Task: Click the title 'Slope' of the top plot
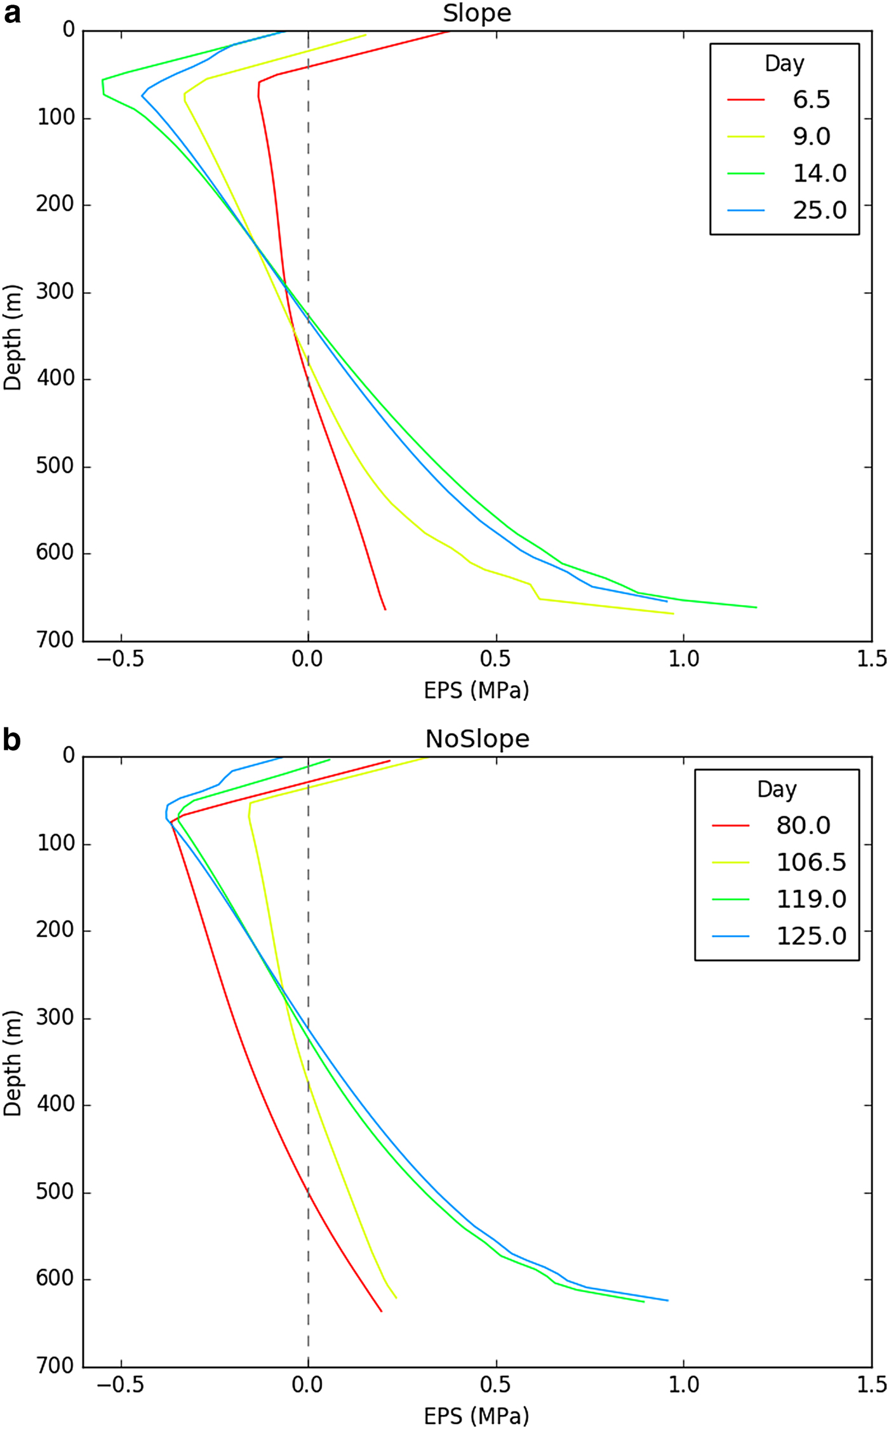pos(477,13)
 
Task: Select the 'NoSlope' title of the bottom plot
pos(477,739)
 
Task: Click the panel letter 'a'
pos(11,13)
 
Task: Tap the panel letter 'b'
pos(11,740)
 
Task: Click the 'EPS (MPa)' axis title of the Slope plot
pos(476,690)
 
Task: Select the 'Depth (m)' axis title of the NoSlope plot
pos(13,1063)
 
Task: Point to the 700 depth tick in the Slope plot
pos(55,640)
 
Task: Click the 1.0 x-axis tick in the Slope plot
pos(683,659)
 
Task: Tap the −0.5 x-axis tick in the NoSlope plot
pos(120,1385)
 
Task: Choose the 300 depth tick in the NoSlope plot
pos(55,1018)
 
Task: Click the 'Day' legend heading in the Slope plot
pos(784,63)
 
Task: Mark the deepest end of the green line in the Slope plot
pos(756,608)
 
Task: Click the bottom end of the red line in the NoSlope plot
pos(381,1311)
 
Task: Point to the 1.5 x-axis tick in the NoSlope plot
pos(871,1385)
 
